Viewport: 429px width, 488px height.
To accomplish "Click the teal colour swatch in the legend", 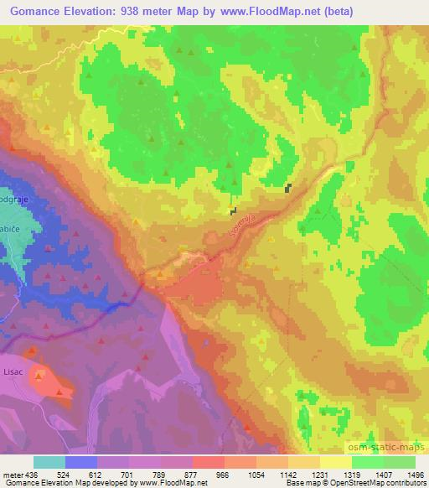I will point(49,462).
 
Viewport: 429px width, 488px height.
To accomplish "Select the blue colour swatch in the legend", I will point(81,462).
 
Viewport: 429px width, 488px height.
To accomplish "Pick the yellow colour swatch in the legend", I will point(335,462).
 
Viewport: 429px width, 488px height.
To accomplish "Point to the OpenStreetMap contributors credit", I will point(380,483).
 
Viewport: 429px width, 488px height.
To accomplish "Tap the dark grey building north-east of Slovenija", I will point(288,189).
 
